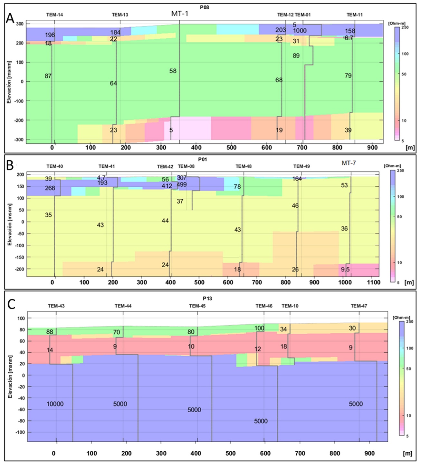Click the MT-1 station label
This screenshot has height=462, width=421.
point(179,14)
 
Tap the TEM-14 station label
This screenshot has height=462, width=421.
point(54,15)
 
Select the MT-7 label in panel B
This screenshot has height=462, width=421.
point(349,163)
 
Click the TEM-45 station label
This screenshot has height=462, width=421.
point(197,306)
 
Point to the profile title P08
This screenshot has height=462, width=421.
point(204,7)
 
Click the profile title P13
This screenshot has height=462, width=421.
point(207,299)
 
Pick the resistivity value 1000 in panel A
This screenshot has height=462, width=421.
point(300,31)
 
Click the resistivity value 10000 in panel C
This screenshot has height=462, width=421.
point(55,404)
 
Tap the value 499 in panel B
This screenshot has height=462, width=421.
point(182,185)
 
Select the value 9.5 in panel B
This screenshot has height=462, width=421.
point(345,270)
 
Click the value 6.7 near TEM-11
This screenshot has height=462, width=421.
point(349,38)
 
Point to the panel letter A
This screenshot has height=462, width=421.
point(10,18)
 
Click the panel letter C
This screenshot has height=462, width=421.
point(11,304)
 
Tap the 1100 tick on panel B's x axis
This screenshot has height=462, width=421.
point(373,282)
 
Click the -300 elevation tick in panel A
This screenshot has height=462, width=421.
point(19,140)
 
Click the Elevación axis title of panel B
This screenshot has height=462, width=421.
point(9,224)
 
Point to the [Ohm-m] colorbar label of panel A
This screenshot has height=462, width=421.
point(397,24)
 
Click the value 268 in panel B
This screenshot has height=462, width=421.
point(50,188)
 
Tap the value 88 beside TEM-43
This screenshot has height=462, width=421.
point(50,332)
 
